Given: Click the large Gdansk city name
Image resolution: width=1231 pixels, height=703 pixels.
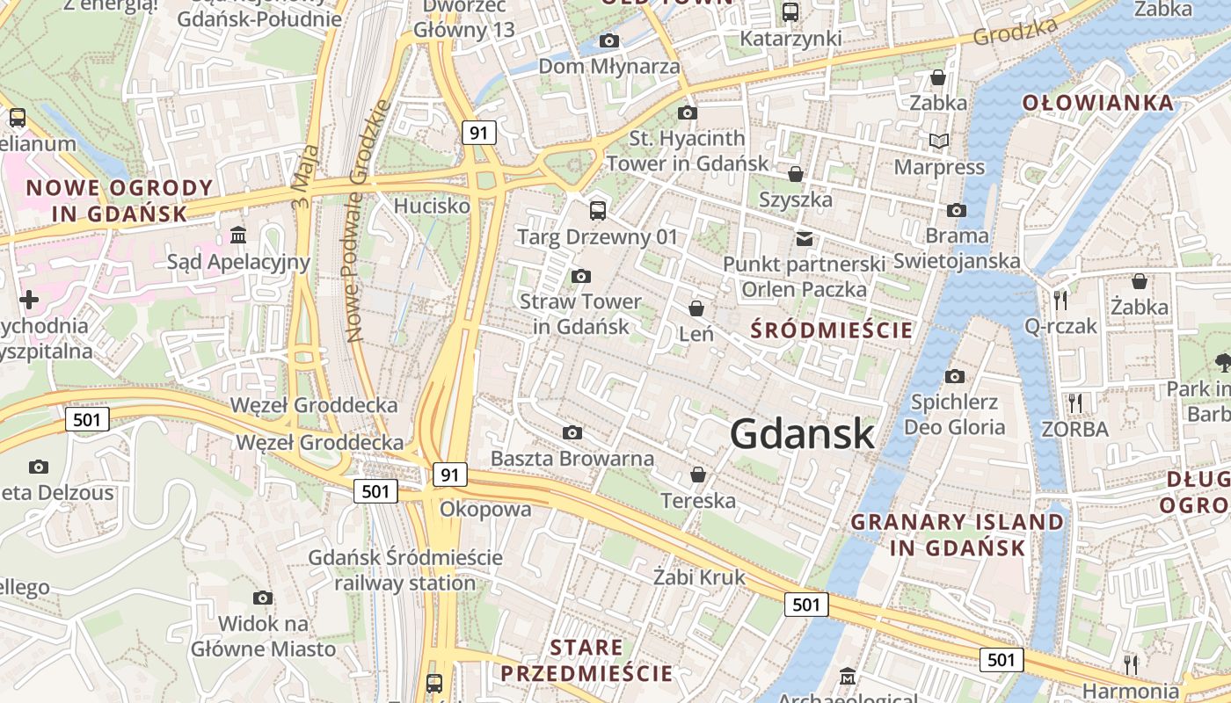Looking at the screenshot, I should click(802, 433).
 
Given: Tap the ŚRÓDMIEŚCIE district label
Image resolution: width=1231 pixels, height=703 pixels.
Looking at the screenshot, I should click(832, 330).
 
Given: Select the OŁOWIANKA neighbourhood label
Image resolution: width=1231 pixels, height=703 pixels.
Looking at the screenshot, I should click(1098, 103).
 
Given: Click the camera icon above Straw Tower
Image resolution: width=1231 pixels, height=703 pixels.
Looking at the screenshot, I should click(580, 277).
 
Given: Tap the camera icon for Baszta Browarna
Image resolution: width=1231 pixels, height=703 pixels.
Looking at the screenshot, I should click(572, 432).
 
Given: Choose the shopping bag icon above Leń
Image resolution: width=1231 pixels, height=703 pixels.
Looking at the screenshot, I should click(696, 308).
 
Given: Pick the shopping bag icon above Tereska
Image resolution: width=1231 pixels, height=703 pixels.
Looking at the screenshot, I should click(698, 475).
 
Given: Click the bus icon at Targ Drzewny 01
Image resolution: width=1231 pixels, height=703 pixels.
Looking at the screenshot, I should click(598, 210).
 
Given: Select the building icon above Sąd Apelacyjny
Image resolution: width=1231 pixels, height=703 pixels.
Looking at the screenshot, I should click(238, 236).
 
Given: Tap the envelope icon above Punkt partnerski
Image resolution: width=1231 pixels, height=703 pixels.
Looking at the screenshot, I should click(804, 238).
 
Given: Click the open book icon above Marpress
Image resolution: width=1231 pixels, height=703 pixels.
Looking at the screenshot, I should click(939, 141).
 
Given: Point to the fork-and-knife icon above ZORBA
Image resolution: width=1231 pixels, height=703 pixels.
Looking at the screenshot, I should click(1074, 403).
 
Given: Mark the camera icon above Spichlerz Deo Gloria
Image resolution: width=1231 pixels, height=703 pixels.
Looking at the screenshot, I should click(955, 377).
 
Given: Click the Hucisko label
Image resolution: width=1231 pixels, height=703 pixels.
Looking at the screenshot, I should click(432, 206).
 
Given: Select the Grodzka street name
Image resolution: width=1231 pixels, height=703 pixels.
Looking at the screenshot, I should click(1015, 33).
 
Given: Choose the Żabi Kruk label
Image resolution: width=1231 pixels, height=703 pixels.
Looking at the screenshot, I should click(699, 577).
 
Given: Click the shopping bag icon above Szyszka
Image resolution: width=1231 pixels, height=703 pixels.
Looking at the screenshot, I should click(795, 174).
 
